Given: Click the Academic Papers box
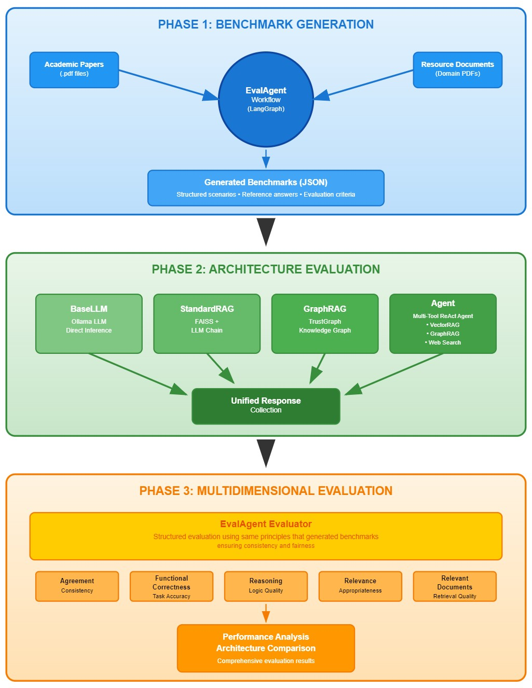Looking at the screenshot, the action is point(74,70).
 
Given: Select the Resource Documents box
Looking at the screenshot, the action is point(458,70).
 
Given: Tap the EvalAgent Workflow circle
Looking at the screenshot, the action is point(266,100).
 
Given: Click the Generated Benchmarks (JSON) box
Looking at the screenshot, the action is point(266,188).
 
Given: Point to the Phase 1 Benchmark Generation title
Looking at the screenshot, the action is point(266,24).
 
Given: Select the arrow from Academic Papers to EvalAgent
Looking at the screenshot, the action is point(169,85).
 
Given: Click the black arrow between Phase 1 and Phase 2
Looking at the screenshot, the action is point(266,232).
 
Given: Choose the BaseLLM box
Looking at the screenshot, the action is point(89,324).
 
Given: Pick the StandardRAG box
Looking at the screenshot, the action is point(207,324).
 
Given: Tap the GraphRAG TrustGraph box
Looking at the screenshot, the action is point(325,324).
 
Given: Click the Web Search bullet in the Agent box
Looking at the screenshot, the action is point(443,342).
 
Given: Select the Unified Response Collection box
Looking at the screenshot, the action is point(266,406).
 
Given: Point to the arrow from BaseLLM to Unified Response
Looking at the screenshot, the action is point(138,374).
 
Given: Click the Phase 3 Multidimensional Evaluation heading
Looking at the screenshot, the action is point(266,491).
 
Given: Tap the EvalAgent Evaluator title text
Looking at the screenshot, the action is point(266,524).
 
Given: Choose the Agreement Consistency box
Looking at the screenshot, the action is point(77,586).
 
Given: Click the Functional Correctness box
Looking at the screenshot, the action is point(171,586).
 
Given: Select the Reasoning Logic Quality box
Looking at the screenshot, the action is point(266,586).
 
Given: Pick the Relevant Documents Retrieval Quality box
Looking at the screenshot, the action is point(455,586).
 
